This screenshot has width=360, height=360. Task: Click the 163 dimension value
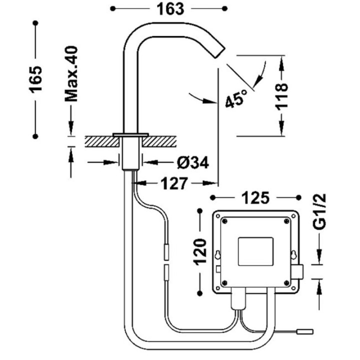[x=170, y=9]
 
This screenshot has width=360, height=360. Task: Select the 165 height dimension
[x=36, y=79]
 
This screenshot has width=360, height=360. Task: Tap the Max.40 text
[x=71, y=74]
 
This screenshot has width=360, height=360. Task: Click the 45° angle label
[x=236, y=98]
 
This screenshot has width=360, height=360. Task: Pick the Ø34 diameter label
[x=193, y=163]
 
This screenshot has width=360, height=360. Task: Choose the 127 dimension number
[x=174, y=183]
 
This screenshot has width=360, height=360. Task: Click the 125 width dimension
[x=256, y=197]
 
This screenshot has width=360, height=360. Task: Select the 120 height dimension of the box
[x=200, y=252]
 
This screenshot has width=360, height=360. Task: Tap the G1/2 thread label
[x=319, y=211]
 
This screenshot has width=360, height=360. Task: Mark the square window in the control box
[x=256, y=251]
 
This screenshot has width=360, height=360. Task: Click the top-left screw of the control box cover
[x=225, y=221]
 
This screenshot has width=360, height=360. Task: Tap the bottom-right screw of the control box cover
[x=286, y=282]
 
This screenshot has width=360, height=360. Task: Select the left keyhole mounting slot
[x=217, y=254]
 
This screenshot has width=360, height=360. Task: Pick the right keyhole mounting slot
[x=293, y=254]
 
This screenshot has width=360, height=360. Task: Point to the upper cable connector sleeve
[x=166, y=252]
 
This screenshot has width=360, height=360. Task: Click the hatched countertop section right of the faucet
[x=159, y=141]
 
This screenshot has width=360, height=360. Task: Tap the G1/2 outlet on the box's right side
[x=298, y=272]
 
